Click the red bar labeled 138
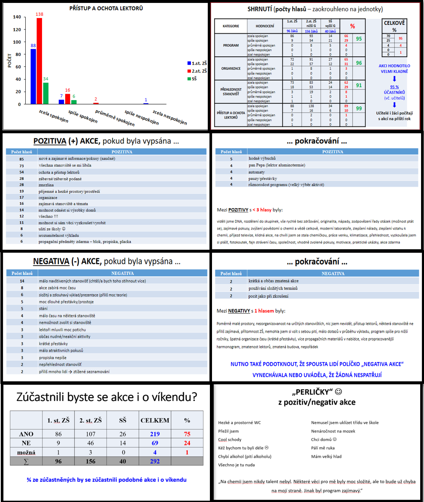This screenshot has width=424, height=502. coord(39,61)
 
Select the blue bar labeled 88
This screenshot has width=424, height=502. coord(33,77)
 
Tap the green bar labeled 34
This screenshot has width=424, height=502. coord(45,93)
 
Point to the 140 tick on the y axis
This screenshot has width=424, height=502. coord(17,17)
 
